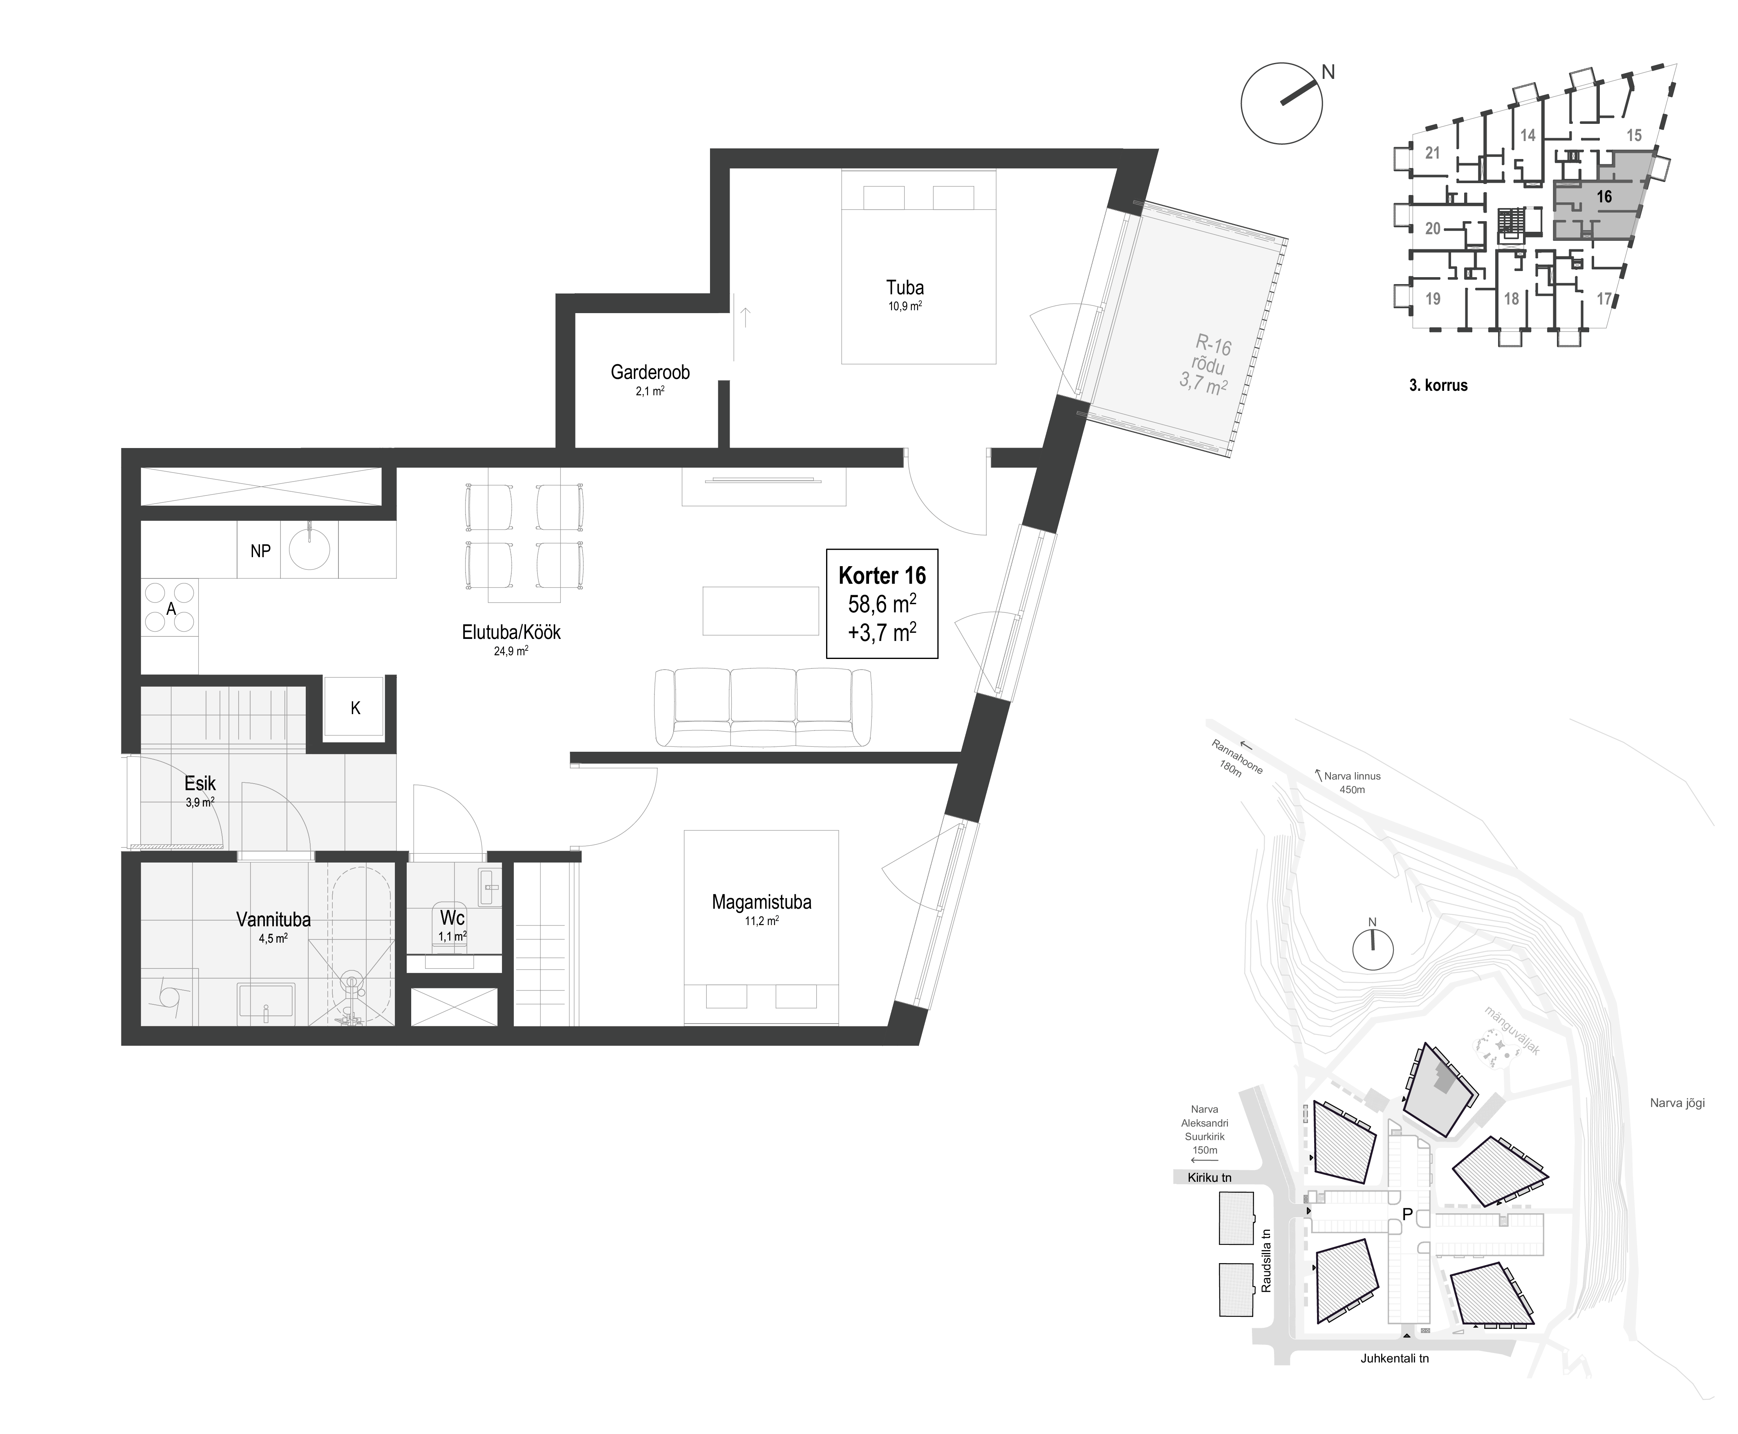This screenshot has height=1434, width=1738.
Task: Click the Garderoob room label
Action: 650,372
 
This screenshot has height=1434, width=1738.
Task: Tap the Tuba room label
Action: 905,287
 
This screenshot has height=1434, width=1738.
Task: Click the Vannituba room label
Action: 273,919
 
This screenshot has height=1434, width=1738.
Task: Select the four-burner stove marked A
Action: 170,607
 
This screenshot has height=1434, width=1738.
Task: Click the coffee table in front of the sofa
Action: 760,610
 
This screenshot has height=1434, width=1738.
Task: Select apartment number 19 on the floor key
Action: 1433,299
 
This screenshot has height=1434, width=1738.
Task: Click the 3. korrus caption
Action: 1438,385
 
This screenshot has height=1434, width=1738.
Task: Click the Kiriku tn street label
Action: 1209,1177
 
